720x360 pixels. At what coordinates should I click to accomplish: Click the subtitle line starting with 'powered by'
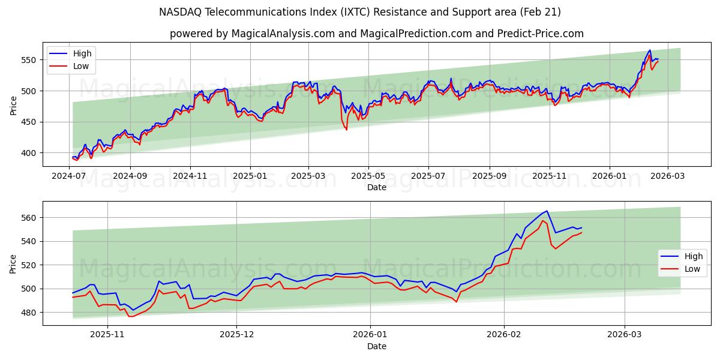coord(377,34)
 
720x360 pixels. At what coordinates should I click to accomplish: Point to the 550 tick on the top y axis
coord(29,60)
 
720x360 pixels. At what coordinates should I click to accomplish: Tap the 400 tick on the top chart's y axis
coord(29,153)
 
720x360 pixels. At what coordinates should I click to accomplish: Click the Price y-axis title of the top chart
coord(13,106)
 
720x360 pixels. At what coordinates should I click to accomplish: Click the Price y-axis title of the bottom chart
coord(13,264)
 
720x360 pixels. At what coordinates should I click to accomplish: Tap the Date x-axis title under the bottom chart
coord(377,346)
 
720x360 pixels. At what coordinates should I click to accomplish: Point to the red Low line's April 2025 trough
coord(346,130)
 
